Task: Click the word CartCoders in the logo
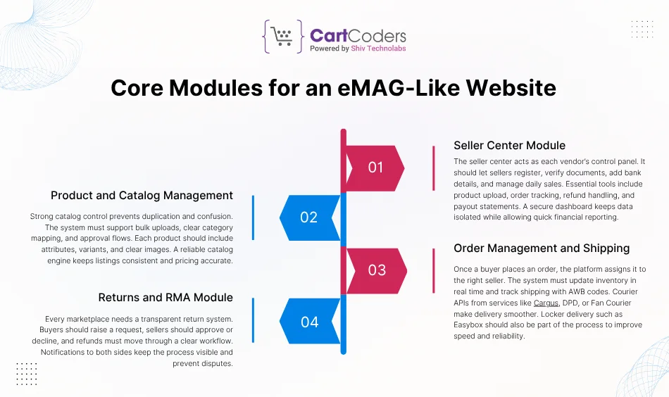point(358,34)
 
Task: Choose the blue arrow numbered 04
point(309,322)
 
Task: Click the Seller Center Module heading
point(509,146)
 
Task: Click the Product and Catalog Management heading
point(142,195)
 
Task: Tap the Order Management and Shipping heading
point(542,248)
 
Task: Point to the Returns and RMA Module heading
point(165,297)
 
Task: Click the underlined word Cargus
point(546,303)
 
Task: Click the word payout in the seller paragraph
point(469,206)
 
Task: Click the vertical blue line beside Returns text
point(253,320)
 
